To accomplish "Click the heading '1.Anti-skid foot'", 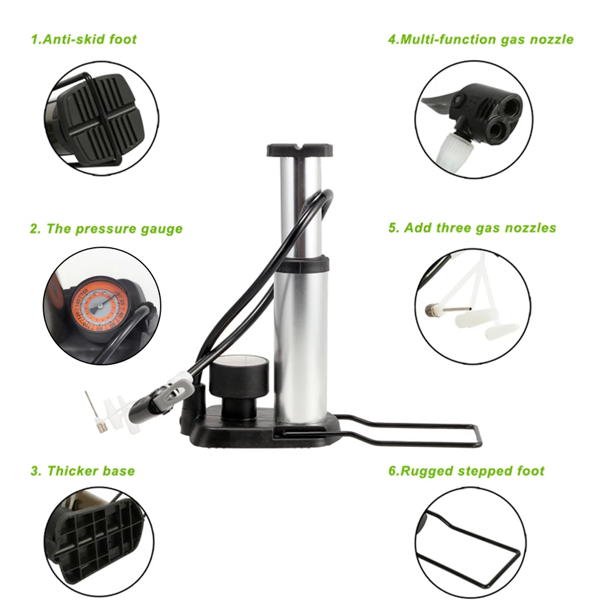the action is pos(84,39).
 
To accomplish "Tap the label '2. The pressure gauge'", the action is pos(107,229).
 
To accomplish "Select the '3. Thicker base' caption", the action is pos(83,471).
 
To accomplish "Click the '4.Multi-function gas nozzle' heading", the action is pos(481,39).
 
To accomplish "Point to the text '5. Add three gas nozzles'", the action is pos(473,228).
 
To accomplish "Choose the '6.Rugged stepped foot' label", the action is pos(466,471).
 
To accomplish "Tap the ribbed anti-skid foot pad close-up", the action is pos(100,119).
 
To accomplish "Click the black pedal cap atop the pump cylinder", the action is pos(300,150).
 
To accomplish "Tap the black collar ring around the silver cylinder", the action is pos(301,263).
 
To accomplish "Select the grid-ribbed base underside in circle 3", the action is pos(99,540).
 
